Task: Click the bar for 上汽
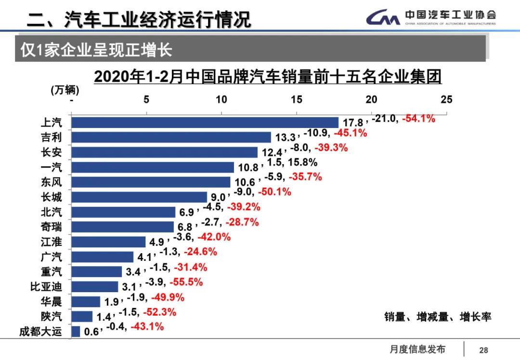click(205, 122)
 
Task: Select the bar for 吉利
click(171, 137)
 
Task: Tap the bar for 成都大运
click(76, 332)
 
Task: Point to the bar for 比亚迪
click(94, 287)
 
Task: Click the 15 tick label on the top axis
click(296, 100)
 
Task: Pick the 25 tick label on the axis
click(446, 100)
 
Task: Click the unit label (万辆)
click(65, 90)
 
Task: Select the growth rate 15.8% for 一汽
click(302, 163)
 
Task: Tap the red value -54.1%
click(418, 118)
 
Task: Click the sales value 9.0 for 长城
click(218, 197)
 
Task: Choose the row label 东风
click(51, 182)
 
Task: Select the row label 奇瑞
click(51, 227)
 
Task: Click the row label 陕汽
click(51, 317)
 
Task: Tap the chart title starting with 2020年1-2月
click(268, 77)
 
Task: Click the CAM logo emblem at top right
click(383, 18)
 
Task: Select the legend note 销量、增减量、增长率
click(437, 317)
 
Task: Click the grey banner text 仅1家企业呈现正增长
click(96, 50)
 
